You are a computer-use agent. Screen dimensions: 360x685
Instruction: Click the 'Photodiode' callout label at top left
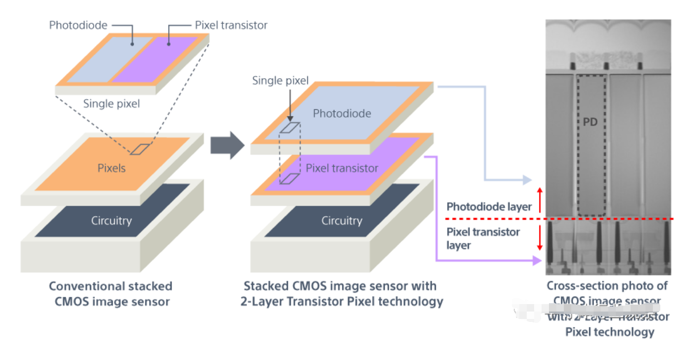[x=78, y=25]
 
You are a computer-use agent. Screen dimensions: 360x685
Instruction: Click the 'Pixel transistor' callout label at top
[x=231, y=25]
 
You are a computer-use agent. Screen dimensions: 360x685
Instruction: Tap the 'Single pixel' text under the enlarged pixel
[x=111, y=104]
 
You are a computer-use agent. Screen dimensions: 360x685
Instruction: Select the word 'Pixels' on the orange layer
[x=111, y=168]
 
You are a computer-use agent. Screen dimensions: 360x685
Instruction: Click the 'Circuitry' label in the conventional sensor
[x=111, y=221]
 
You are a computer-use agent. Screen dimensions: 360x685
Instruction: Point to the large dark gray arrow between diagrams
[x=228, y=145]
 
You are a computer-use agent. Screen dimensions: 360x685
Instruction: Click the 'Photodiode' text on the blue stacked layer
[x=342, y=114]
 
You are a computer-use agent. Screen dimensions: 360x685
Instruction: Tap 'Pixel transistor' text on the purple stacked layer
[x=342, y=168]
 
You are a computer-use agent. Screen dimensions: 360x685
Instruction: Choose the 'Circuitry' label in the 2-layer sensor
[x=342, y=221]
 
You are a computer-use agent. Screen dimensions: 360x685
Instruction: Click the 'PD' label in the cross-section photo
[x=590, y=122]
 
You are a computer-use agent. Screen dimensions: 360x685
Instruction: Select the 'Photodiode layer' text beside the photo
[x=483, y=207]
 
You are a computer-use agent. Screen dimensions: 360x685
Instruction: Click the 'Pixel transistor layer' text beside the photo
[x=483, y=238]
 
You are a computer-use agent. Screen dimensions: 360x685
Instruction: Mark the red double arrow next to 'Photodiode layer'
[x=540, y=200]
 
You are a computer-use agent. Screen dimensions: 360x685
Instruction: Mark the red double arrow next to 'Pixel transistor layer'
[x=540, y=237]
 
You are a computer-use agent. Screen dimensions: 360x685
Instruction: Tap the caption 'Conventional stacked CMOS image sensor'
[x=110, y=294]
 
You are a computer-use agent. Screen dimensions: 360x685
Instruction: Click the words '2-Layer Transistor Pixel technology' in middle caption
[x=342, y=301]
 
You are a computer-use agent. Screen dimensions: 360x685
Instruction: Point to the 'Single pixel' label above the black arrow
[x=280, y=81]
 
